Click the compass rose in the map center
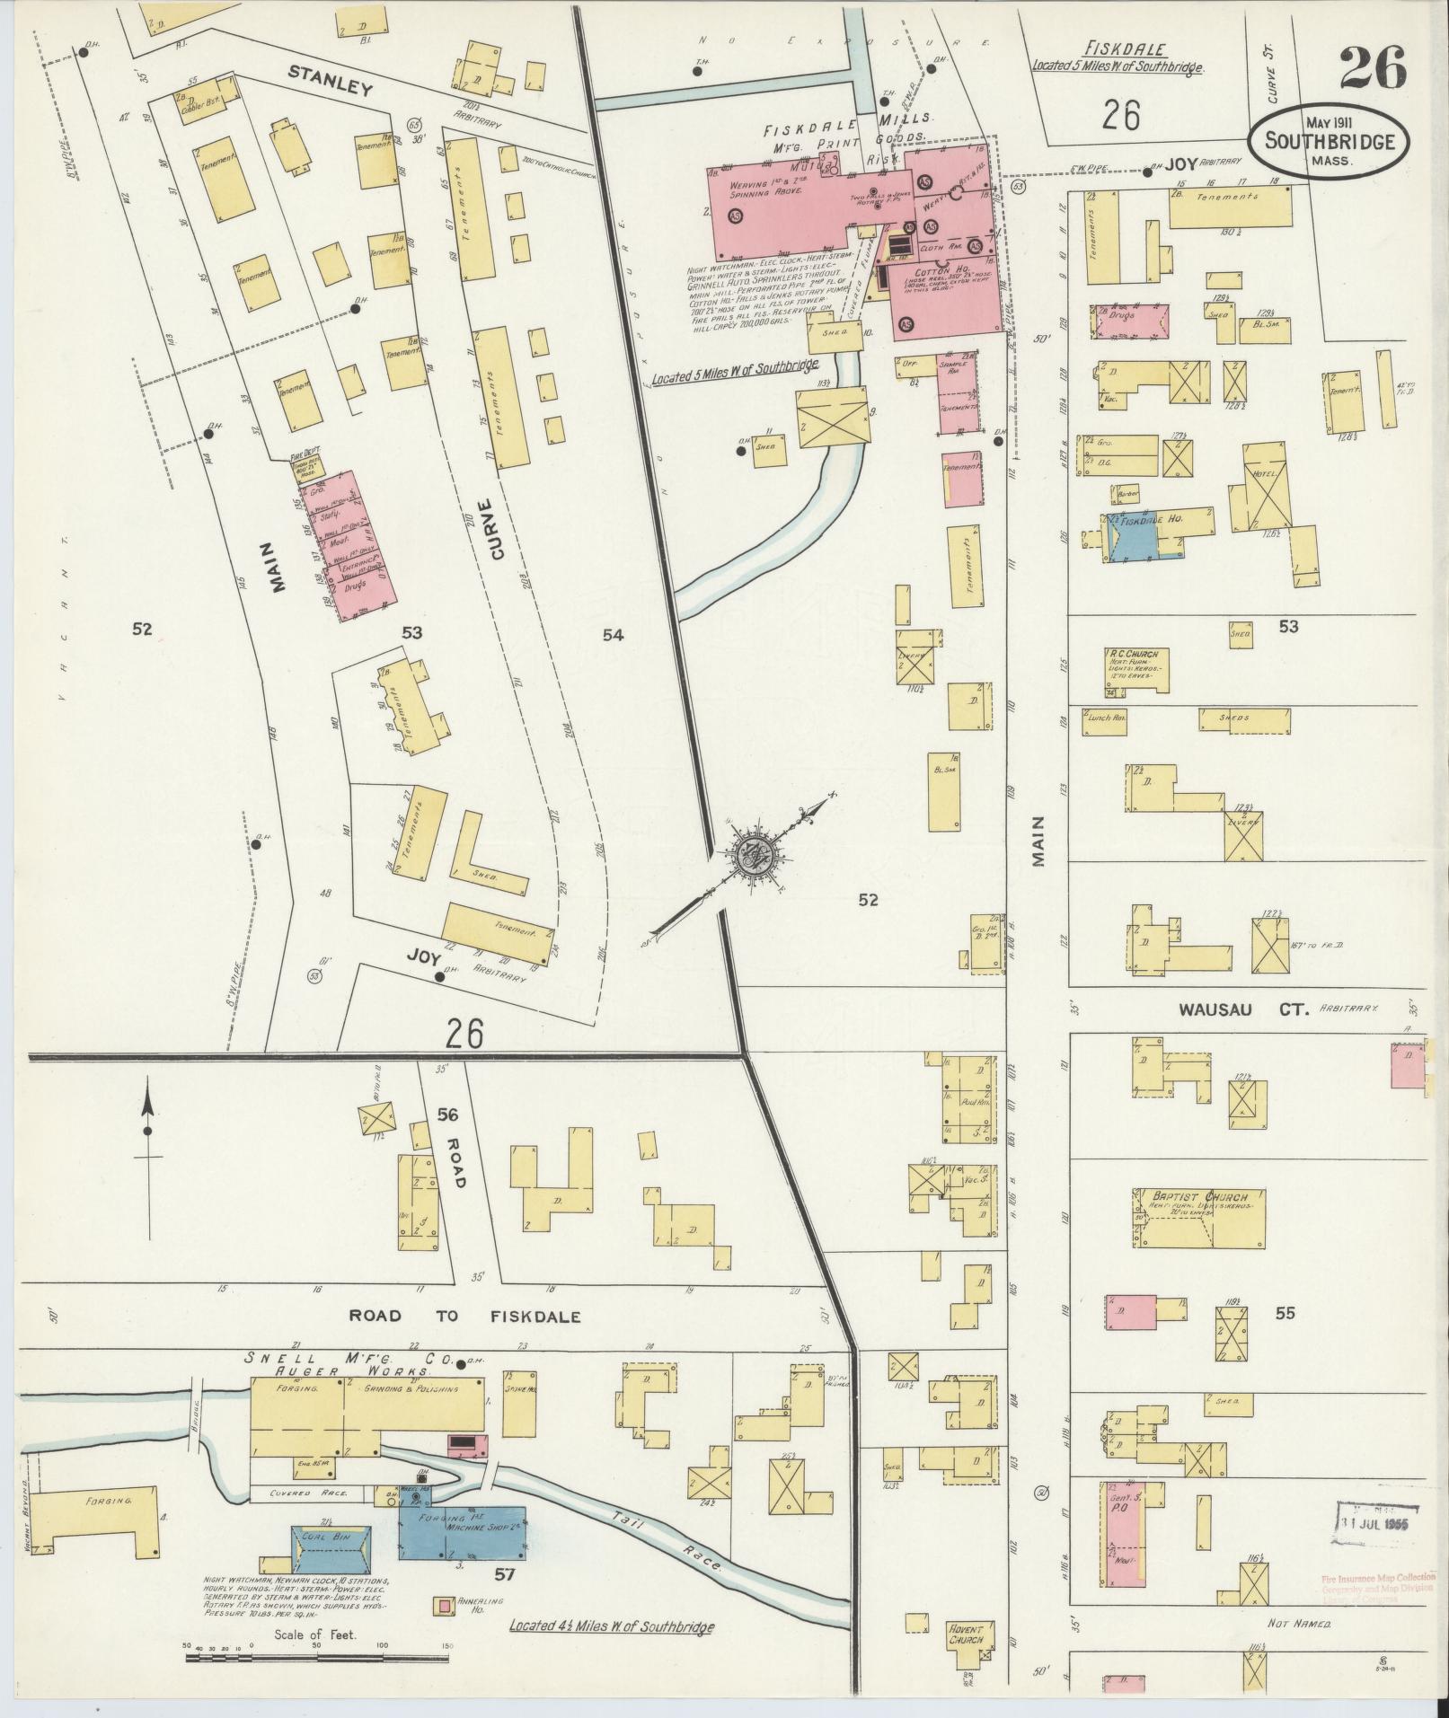(751, 857)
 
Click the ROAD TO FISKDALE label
(464, 1317)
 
